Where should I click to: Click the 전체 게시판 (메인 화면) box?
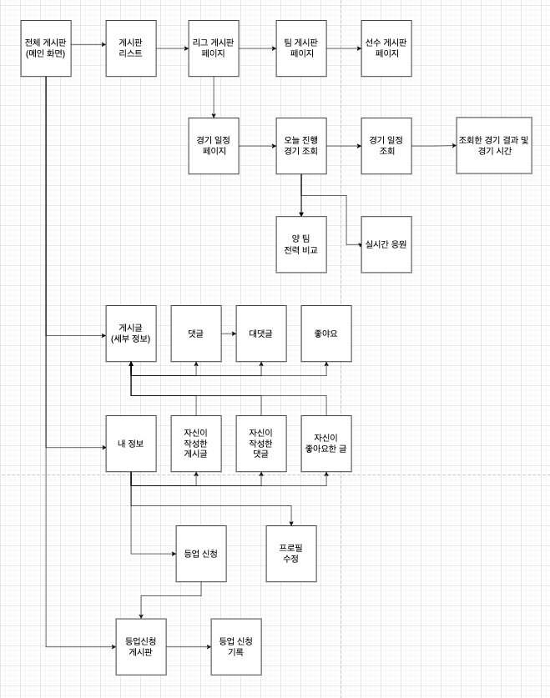[46, 48]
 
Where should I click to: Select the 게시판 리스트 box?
[131, 48]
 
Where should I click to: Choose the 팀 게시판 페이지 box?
[301, 48]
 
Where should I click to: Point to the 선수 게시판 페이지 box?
[386, 48]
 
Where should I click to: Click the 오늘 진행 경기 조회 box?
[301, 146]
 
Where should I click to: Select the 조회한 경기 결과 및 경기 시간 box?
[494, 145]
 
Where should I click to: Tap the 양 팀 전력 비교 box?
[301, 244]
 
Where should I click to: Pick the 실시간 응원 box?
[386, 244]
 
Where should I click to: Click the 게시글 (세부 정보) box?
[131, 333]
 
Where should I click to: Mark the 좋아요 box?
[326, 333]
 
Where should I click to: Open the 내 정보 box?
[131, 443]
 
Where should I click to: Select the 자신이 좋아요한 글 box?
[326, 443]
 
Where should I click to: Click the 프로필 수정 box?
[291, 553]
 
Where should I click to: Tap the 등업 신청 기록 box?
[236, 646]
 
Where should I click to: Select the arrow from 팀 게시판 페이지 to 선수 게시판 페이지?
[344, 48]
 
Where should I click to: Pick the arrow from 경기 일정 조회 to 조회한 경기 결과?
[434, 146]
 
